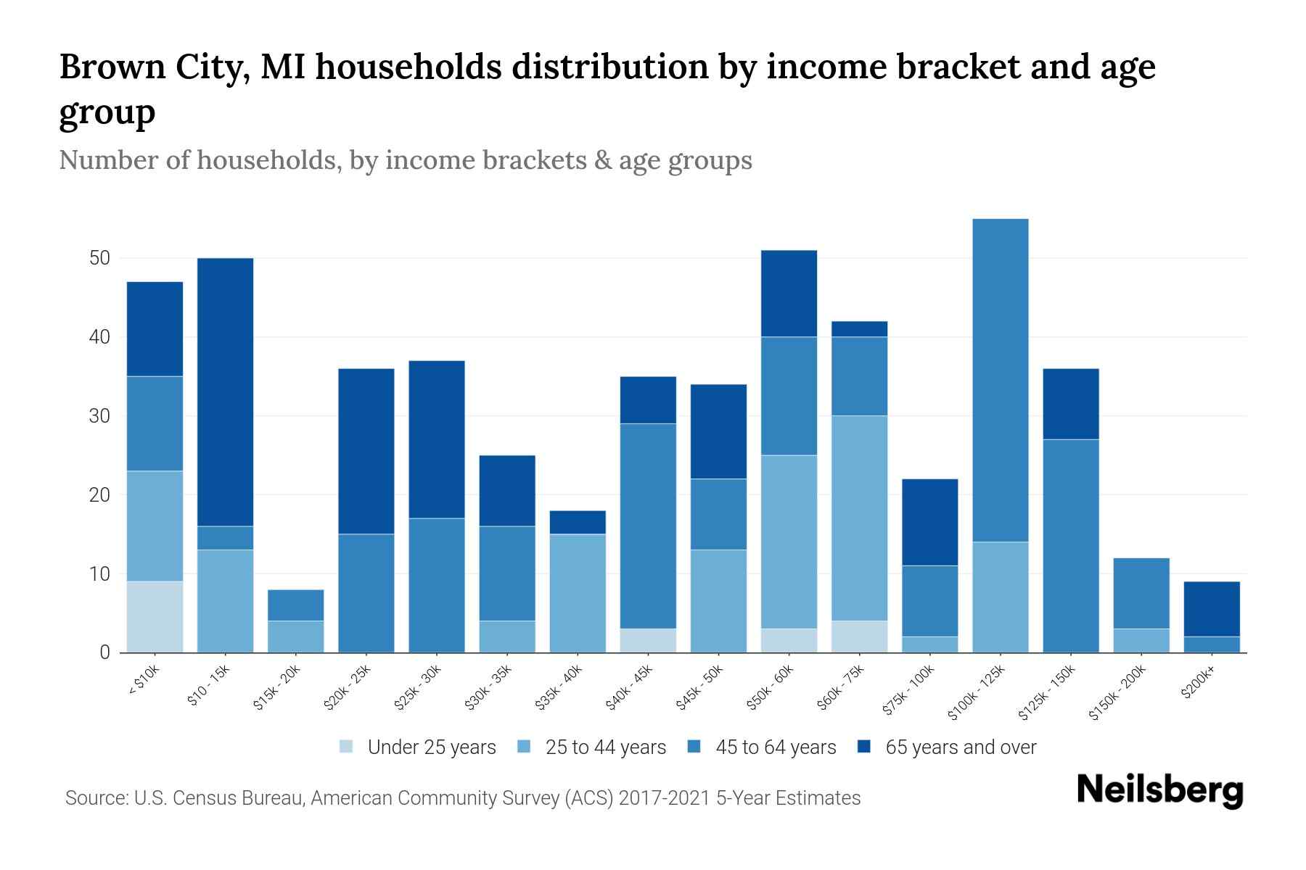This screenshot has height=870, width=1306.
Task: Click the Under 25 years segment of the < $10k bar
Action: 155,616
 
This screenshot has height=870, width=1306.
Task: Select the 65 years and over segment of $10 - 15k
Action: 225,391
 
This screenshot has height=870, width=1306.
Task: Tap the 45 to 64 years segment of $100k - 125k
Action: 1000,380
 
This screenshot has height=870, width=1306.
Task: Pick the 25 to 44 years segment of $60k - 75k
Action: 859,518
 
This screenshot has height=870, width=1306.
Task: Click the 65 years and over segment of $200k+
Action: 1211,608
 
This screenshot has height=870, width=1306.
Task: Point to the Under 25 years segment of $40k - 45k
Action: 647,640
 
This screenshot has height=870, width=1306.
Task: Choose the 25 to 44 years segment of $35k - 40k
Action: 577,593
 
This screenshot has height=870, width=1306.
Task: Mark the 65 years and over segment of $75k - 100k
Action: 929,522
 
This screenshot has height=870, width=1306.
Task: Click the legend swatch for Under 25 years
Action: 347,747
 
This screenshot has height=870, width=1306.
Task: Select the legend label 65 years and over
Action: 960,747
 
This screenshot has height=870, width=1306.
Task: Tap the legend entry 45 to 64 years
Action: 775,747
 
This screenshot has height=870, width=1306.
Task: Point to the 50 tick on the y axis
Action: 99,258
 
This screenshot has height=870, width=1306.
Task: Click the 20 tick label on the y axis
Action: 99,495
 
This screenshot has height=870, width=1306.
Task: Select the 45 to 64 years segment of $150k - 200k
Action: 1141,593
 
